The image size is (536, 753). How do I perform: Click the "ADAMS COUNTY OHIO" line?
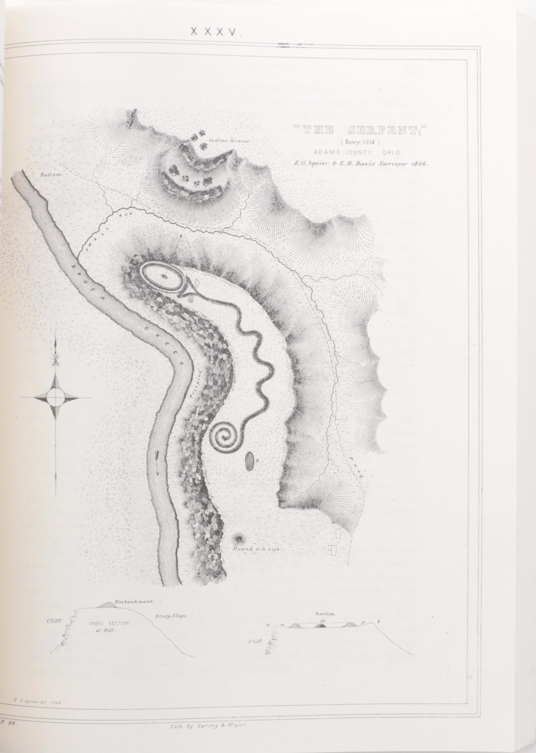[358, 152]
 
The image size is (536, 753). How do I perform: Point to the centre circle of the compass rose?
[56, 397]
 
